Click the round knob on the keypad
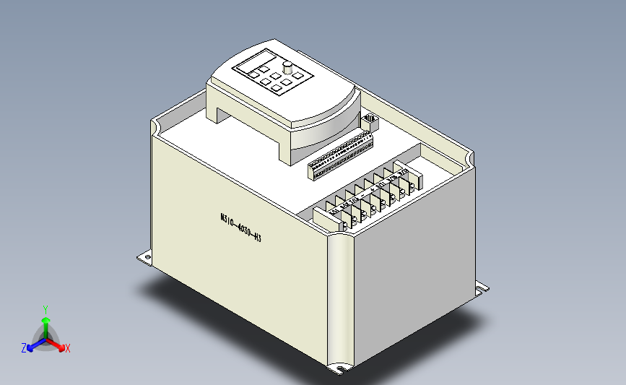pyautogui.click(x=288, y=69)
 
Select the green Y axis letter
pyautogui.click(x=45, y=308)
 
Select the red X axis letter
pyautogui.click(x=68, y=349)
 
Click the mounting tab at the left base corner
pyautogui.click(x=144, y=257)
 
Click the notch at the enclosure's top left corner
pyautogui.click(x=155, y=127)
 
